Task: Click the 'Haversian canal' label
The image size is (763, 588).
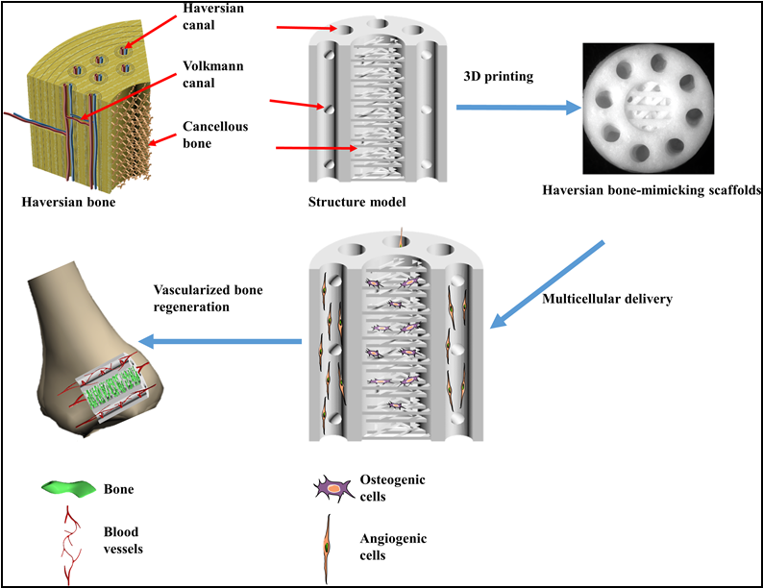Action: [213, 16]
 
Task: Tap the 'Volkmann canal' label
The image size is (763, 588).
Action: [213, 74]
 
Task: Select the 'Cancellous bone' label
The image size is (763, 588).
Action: [215, 135]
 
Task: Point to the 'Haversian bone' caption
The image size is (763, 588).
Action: [68, 203]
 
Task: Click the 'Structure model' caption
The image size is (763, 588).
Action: [357, 202]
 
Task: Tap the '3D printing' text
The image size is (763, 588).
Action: [499, 77]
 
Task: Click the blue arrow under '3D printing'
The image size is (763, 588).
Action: [519, 108]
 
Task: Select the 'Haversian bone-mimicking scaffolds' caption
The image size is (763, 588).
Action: [652, 190]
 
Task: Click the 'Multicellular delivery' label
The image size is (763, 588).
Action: [607, 299]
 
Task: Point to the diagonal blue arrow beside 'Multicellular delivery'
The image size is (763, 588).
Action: [547, 284]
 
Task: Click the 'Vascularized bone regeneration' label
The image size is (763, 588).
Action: [209, 298]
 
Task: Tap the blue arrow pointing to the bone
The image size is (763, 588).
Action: [220, 341]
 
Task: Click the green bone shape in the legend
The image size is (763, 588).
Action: [68, 488]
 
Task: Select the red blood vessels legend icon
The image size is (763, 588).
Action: [70, 545]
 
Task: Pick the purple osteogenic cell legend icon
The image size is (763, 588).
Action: [333, 488]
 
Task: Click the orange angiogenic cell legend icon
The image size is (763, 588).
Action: [327, 549]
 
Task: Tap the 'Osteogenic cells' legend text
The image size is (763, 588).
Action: [392, 488]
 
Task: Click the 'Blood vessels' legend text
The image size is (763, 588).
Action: [123, 540]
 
